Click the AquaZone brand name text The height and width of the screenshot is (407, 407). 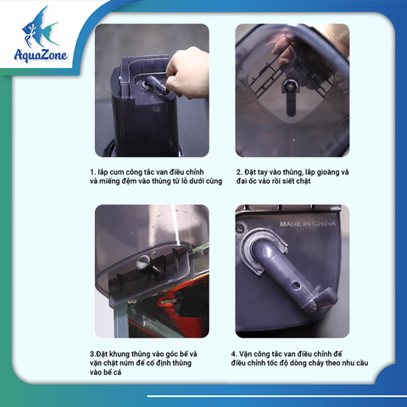[x=41, y=54]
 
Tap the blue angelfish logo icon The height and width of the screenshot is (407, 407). [x=39, y=27]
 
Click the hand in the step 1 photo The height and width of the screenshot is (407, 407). [x=187, y=74]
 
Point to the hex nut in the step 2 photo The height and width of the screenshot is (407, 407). [x=289, y=85]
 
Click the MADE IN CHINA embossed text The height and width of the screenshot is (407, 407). [x=308, y=224]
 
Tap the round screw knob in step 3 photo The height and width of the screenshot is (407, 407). [x=144, y=263]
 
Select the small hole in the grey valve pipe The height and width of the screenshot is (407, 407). [x=296, y=284]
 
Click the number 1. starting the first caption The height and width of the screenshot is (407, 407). [x=92, y=172]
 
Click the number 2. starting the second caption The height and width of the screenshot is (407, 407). [x=239, y=172]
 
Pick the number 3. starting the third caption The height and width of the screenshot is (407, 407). [x=92, y=354]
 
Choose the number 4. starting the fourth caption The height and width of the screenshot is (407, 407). [x=234, y=354]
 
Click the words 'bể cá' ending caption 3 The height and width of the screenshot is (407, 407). [x=113, y=372]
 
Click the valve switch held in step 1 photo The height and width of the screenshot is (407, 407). [x=156, y=86]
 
